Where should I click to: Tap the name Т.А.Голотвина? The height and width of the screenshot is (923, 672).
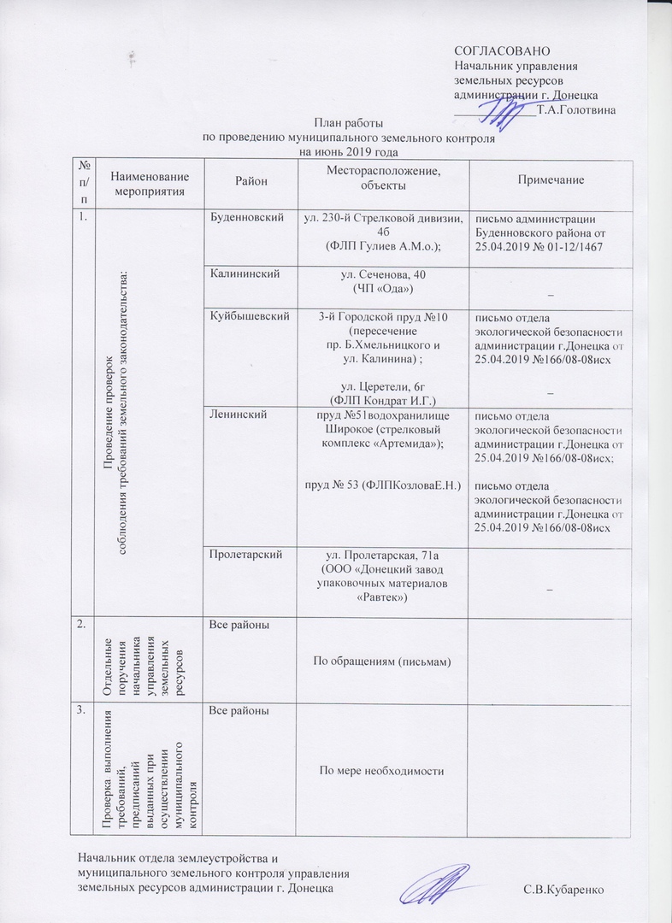point(576,109)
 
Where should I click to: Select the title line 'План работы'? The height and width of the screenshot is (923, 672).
point(348,123)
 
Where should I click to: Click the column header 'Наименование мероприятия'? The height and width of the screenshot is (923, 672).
point(149,181)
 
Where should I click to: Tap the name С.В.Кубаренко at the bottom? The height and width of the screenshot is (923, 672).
point(564,889)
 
